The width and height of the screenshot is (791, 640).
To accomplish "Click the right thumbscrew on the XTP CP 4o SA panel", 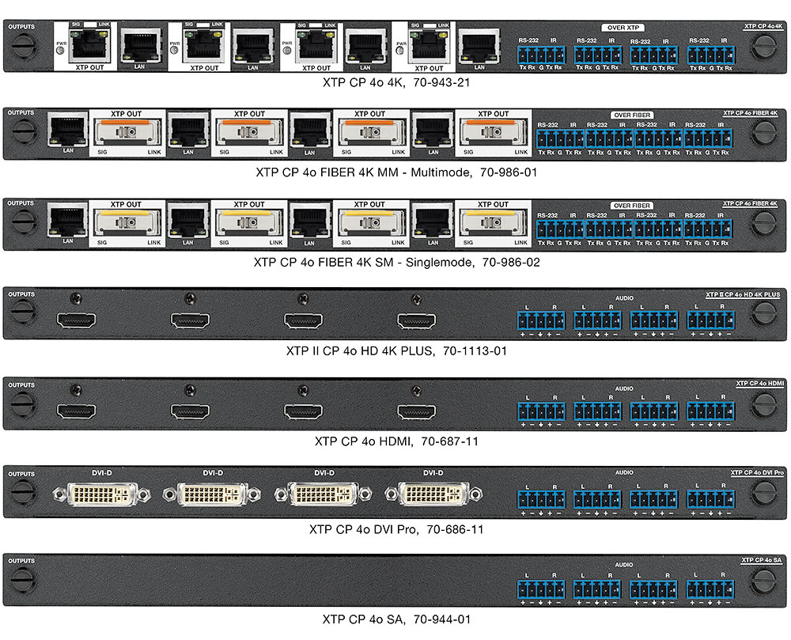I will coord(763,585).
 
